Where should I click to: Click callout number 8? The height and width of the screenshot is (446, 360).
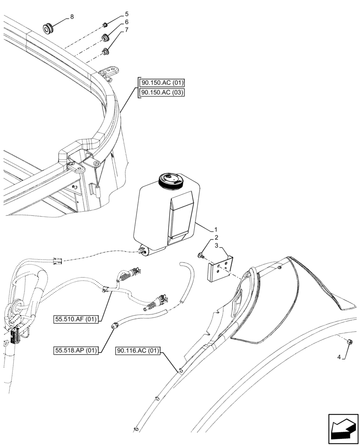pos(72,17)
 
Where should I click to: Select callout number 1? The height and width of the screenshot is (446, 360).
pos(216,229)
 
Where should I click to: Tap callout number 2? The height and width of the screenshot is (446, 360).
pos(216,237)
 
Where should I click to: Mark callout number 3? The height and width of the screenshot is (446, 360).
pos(216,246)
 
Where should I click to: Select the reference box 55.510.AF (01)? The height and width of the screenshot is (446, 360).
pos(77,319)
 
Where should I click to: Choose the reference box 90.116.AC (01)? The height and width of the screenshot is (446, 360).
pos(139,350)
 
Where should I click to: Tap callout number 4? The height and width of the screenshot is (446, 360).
pos(340,357)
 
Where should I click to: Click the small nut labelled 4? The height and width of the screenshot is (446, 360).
pos(350,342)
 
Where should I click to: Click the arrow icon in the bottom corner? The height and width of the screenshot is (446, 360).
pos(343,429)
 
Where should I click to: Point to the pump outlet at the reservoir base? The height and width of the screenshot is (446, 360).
pos(144,252)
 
